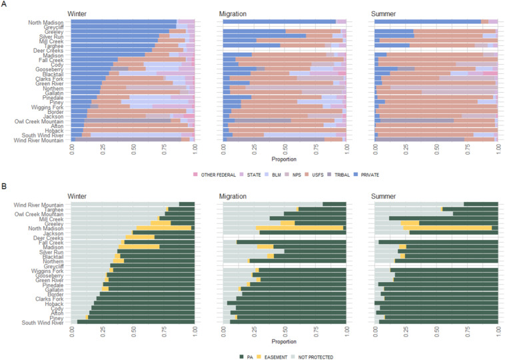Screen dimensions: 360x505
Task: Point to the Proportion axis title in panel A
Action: pos(284,160)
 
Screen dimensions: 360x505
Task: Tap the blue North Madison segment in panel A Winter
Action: pos(123,22)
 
